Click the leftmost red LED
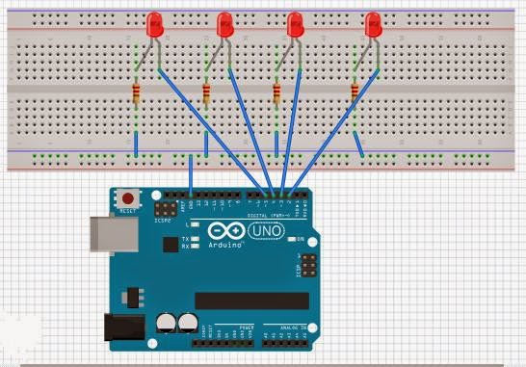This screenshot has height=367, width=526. point(153,26)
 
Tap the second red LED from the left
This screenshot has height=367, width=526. point(224,26)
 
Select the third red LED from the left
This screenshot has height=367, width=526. point(297,26)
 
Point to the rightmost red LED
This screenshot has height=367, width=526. point(373,26)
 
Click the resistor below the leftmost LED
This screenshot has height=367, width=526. point(136,93)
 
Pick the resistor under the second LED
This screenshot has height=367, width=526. point(206,93)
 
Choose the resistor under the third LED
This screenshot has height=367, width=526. point(277,93)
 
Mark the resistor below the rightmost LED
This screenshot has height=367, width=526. point(355,93)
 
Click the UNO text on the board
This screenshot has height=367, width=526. point(265,232)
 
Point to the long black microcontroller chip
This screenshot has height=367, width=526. point(251,301)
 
